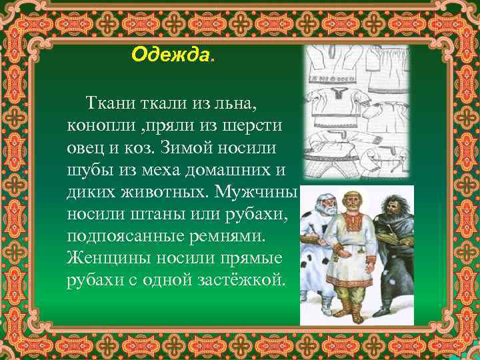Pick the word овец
click(85, 147)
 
